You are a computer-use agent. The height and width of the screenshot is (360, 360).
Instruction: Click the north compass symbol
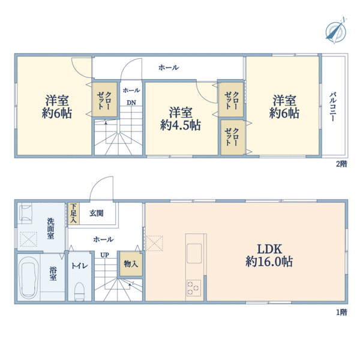336,31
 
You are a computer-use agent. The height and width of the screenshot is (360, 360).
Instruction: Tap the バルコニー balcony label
333,107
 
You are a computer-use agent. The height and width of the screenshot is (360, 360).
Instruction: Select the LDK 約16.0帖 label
269,256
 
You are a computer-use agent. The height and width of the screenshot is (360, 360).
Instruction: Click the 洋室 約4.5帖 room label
181,119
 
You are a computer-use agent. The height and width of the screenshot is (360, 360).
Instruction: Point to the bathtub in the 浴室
29,277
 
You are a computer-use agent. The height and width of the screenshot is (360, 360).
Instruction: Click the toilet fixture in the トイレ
80,291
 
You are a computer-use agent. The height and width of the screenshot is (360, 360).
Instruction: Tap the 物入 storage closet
131,264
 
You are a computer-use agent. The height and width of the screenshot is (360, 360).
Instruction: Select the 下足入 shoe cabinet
73,213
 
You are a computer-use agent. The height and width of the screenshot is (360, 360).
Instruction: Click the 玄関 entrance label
97,213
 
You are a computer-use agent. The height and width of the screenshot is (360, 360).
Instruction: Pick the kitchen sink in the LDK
194,253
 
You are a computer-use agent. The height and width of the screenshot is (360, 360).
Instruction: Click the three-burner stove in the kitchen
194,288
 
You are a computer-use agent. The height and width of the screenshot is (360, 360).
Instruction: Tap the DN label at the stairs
131,103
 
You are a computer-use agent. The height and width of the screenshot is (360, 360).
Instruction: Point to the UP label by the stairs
104,255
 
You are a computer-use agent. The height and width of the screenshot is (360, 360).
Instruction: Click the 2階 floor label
341,164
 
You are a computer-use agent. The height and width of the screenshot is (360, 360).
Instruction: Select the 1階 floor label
341,312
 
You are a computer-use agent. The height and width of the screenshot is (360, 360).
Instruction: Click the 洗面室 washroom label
51,229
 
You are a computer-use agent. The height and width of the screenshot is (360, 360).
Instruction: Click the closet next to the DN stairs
105,100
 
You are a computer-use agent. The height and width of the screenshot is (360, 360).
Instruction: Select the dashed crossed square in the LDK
154,243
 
